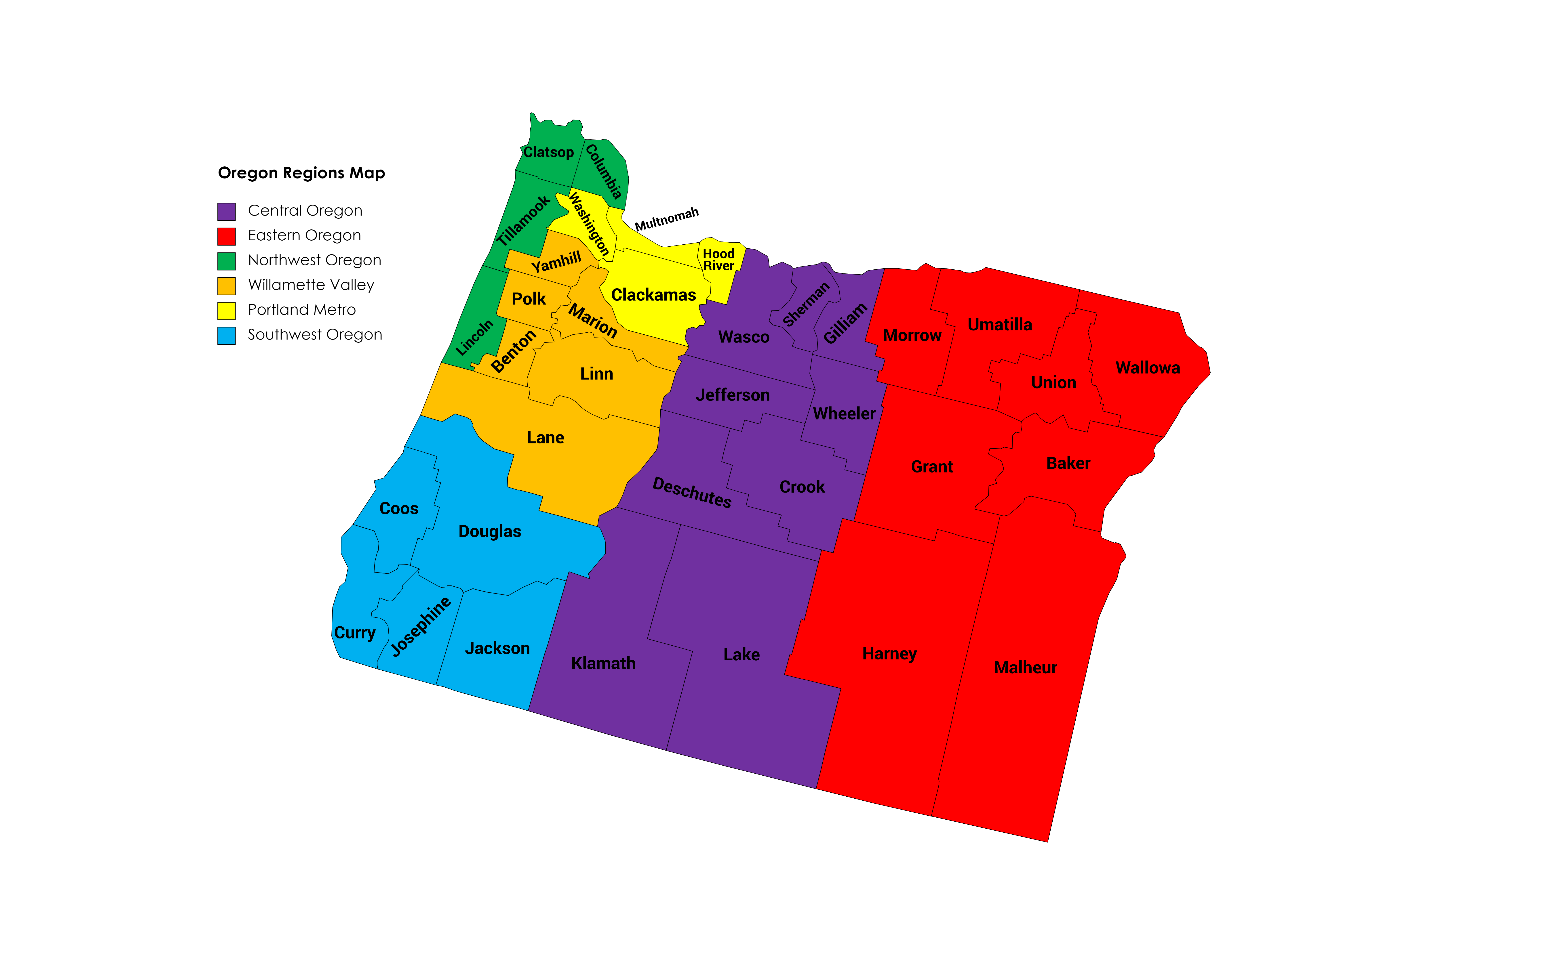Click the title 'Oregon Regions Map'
(x=301, y=173)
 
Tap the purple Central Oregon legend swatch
(x=226, y=211)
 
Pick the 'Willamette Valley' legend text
(x=311, y=285)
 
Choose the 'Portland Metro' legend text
(x=301, y=309)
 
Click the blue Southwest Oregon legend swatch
(x=226, y=335)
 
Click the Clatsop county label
(x=548, y=152)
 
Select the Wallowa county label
(x=1147, y=368)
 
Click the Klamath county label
(x=603, y=663)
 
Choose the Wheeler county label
(x=844, y=414)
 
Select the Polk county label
(x=528, y=299)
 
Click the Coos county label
(x=399, y=508)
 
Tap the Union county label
(x=1053, y=383)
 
